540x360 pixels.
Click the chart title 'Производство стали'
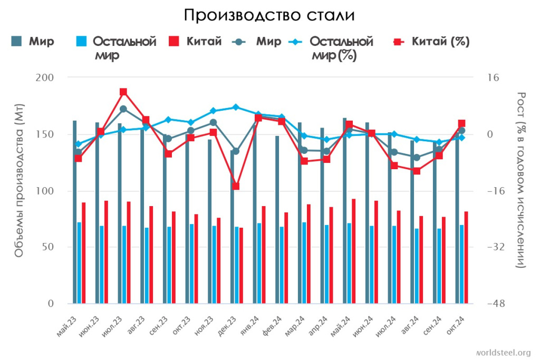click(269, 15)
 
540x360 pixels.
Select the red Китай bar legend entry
click(195, 42)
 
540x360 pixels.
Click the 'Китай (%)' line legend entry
click(432, 42)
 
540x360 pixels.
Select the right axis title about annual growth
click(521, 179)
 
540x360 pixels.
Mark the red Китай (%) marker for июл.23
click(123, 92)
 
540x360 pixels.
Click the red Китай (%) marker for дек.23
click(236, 186)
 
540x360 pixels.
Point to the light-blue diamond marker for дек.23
click(236, 107)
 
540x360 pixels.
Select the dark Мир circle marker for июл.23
click(123, 109)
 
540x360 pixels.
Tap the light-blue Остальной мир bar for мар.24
click(304, 262)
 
